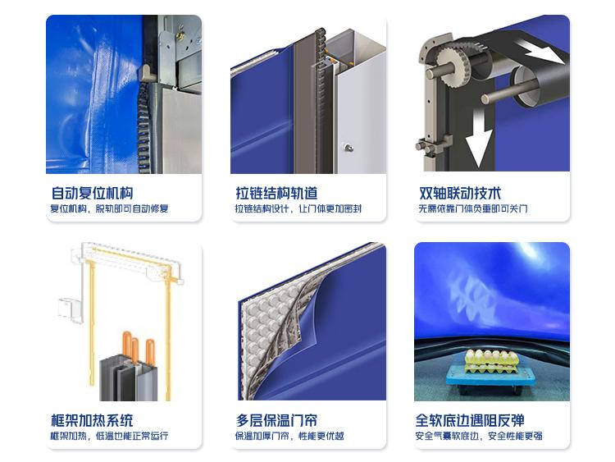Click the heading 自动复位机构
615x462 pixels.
click(x=92, y=193)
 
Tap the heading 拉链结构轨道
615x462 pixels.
click(x=276, y=193)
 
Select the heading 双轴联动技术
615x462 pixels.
click(x=460, y=193)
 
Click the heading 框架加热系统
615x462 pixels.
click(x=92, y=420)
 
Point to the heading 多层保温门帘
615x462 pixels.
click(x=276, y=420)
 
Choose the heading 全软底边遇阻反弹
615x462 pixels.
click(x=470, y=420)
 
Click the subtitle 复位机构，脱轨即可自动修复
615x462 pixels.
click(x=109, y=208)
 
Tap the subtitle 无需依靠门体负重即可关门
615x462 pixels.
click(x=473, y=208)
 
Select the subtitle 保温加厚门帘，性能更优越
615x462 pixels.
click(x=289, y=436)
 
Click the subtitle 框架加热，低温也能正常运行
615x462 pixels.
click(x=109, y=436)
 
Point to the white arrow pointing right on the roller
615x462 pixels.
click(x=543, y=50)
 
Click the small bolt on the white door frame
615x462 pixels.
click(x=348, y=148)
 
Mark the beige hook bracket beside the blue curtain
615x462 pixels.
click(x=146, y=73)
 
